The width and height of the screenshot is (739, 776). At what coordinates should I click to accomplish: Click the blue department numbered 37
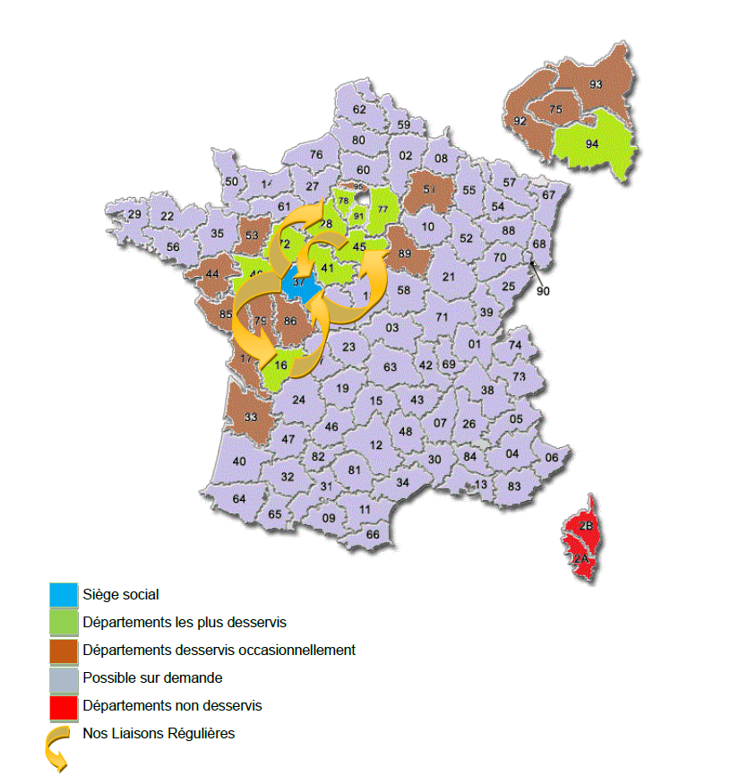click(299, 283)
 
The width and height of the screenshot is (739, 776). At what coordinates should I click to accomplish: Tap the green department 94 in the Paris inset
click(592, 143)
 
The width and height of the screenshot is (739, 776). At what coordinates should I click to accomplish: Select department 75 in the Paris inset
click(555, 110)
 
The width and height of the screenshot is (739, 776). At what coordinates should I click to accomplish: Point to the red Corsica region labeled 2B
click(586, 526)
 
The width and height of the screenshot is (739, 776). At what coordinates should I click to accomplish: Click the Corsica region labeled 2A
click(581, 560)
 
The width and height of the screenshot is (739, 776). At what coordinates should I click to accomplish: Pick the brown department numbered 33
click(251, 417)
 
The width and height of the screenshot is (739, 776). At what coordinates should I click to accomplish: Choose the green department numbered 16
click(281, 366)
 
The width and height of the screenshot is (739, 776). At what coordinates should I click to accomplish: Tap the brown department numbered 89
click(404, 254)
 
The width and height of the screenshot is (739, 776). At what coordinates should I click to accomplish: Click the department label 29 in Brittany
click(134, 215)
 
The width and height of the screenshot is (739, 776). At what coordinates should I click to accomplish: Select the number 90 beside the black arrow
click(544, 290)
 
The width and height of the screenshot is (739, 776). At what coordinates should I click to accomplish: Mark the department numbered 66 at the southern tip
click(373, 534)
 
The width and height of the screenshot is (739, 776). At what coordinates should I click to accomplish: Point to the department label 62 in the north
click(359, 109)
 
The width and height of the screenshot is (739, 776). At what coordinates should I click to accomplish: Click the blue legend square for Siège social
click(64, 594)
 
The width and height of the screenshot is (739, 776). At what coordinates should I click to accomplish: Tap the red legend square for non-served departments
click(64, 707)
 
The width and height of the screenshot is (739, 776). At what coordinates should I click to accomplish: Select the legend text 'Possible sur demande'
click(152, 677)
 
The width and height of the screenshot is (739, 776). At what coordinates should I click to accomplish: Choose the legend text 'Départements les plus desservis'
click(185, 621)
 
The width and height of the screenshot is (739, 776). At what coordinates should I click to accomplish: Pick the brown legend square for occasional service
click(64, 651)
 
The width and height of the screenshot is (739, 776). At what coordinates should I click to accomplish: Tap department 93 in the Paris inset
click(596, 84)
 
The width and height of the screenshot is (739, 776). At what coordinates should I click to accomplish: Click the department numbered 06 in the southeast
click(552, 458)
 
